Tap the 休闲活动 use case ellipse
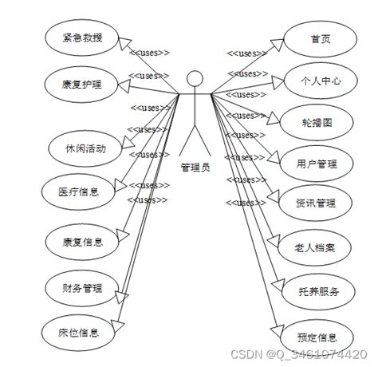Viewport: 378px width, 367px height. (x=85, y=148)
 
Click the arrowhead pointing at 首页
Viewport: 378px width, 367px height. (x=279, y=41)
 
